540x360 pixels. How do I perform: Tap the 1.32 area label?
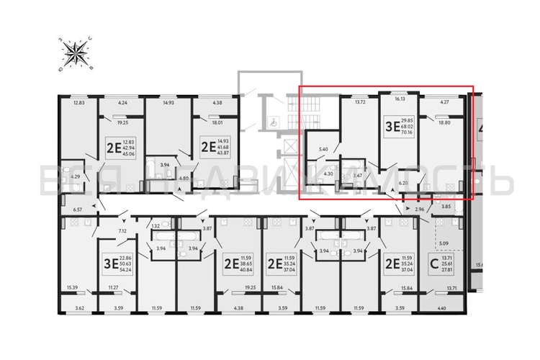point(156,225)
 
